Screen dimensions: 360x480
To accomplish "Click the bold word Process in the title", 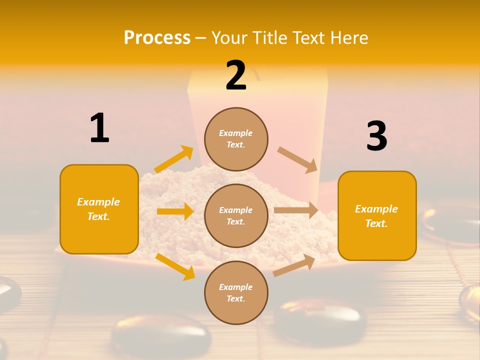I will coord(157,37).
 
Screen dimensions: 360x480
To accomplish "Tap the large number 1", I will coord(99,128).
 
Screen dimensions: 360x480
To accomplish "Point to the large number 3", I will coord(376,136).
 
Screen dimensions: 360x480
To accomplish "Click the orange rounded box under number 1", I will coord(99,209).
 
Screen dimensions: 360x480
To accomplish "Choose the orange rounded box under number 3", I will coord(377,216).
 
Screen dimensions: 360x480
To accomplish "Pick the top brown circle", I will coord(236,139).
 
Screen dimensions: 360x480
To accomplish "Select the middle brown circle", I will coord(236,215).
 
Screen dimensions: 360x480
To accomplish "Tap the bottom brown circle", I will coord(236,292).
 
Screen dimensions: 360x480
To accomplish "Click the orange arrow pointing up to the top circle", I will coord(174,159).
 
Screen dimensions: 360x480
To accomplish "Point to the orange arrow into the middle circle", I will coord(175,211).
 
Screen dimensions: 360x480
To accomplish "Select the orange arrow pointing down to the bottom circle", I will coord(175,266).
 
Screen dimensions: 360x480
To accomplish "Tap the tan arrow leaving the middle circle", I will coord(296,210).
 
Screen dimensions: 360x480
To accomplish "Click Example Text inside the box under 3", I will coord(376,216).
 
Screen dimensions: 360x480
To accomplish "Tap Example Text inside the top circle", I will coord(236,139).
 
